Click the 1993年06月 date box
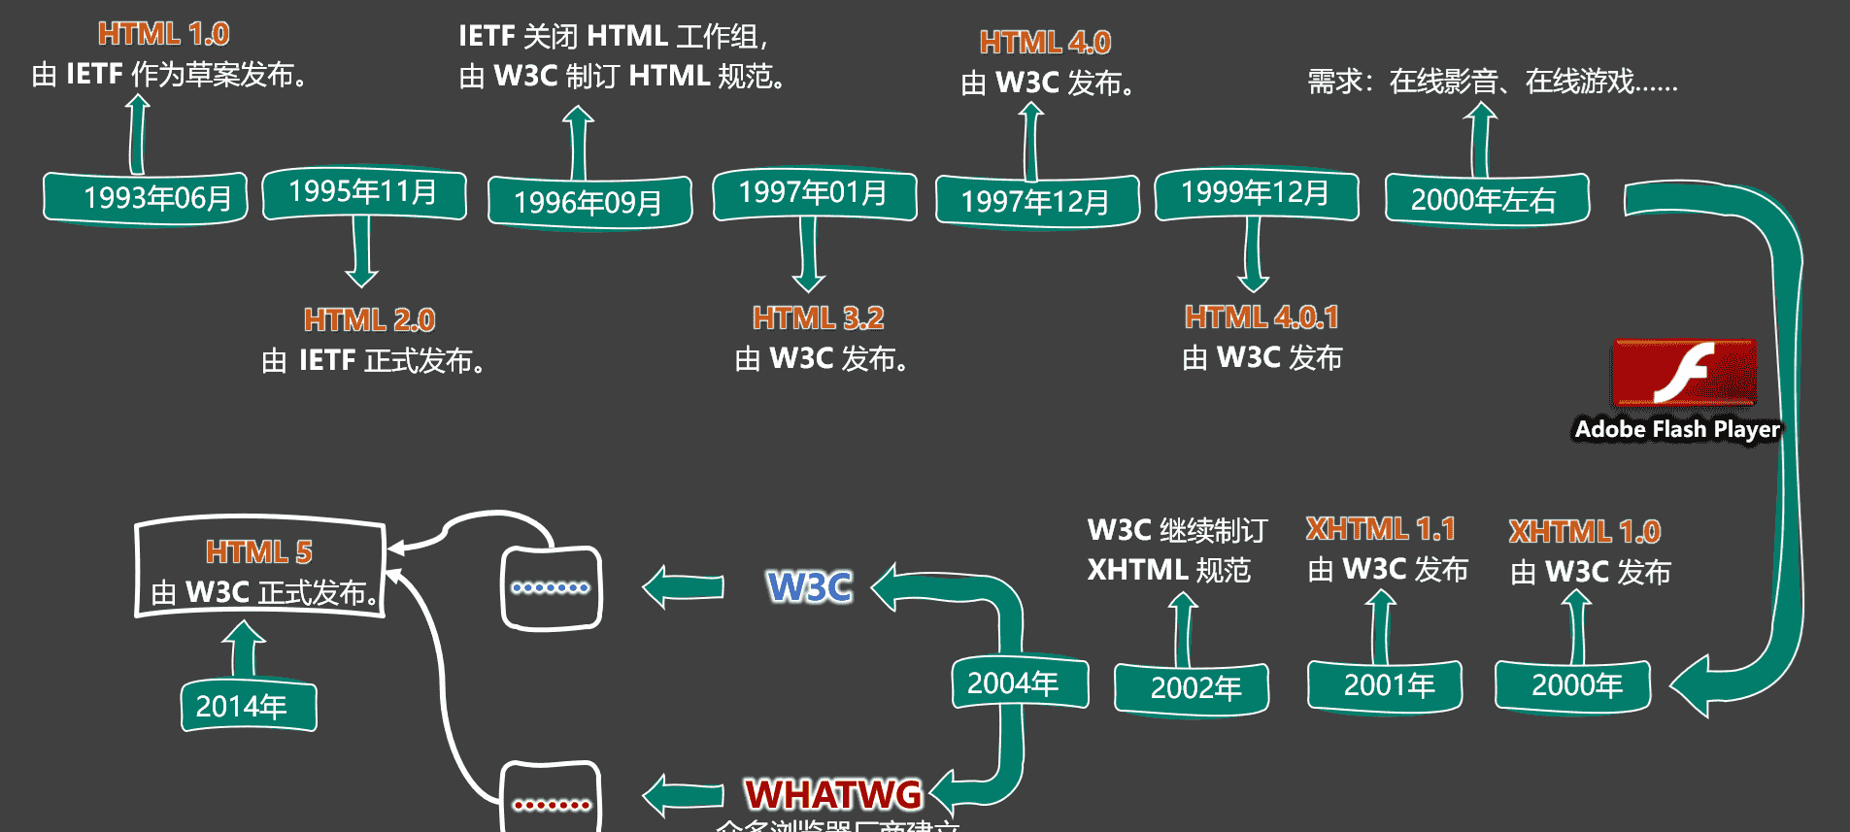click(146, 198)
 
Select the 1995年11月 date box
click(364, 192)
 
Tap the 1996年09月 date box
click(589, 202)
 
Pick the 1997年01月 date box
click(814, 193)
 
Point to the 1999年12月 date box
click(1256, 193)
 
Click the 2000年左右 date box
click(1486, 199)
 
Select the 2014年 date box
click(249, 706)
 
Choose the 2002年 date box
click(1192, 688)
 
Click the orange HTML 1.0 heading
click(163, 34)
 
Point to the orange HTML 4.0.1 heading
click(1261, 317)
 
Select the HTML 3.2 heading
click(818, 318)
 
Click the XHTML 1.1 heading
click(1380, 529)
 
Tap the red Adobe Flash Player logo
click(1684, 373)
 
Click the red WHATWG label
click(833, 794)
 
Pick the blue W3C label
click(809, 586)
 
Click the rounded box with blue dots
click(551, 587)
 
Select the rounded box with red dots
click(551, 800)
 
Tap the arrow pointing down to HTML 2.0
click(361, 251)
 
